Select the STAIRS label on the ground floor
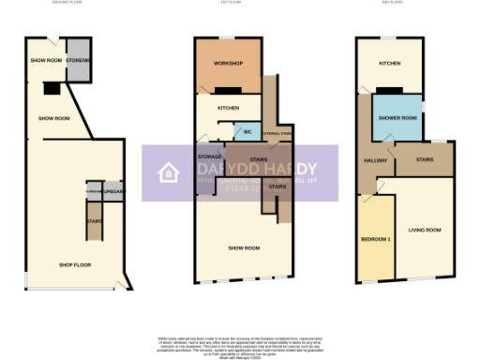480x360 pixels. pos(94,221)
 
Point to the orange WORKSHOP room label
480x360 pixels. pos(228,63)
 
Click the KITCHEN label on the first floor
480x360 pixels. pos(228,108)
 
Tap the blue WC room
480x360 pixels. pos(247,132)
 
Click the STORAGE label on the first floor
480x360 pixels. pos(209,157)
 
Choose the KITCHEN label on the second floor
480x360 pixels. pos(390,64)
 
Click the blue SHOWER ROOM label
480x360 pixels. pos(397,117)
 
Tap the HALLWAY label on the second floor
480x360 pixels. pos(375,160)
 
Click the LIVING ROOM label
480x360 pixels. pos(425,230)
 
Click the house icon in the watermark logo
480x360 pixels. pos(169,172)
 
